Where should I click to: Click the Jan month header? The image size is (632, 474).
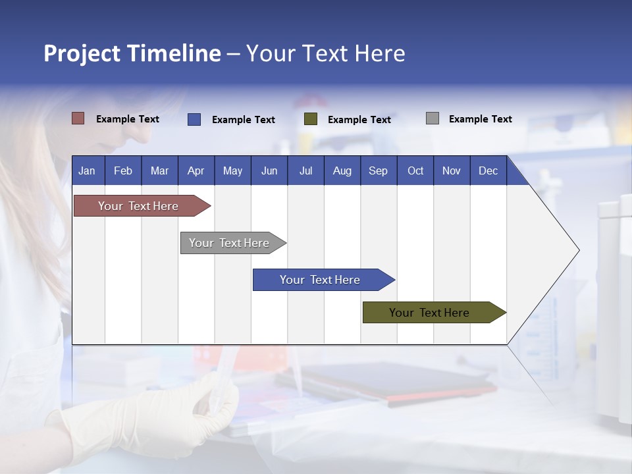(87, 171)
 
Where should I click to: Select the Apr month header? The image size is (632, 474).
(196, 171)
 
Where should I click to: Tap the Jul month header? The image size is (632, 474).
(305, 171)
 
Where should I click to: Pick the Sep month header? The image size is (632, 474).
(378, 171)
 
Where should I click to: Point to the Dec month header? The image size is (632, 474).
(488, 171)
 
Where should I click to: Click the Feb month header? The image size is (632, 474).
(123, 171)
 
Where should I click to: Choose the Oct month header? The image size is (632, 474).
(415, 171)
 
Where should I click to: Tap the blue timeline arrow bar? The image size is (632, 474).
(321, 280)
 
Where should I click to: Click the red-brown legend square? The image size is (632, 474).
(78, 118)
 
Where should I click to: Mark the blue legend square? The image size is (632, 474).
(194, 119)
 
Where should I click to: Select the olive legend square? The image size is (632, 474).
(311, 119)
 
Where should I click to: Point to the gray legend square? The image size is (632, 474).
(433, 118)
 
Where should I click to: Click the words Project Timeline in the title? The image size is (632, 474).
(132, 53)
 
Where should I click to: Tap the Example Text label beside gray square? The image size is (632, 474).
(480, 119)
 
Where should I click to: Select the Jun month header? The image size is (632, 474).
(269, 171)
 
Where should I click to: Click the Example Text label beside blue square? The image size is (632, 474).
(243, 120)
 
